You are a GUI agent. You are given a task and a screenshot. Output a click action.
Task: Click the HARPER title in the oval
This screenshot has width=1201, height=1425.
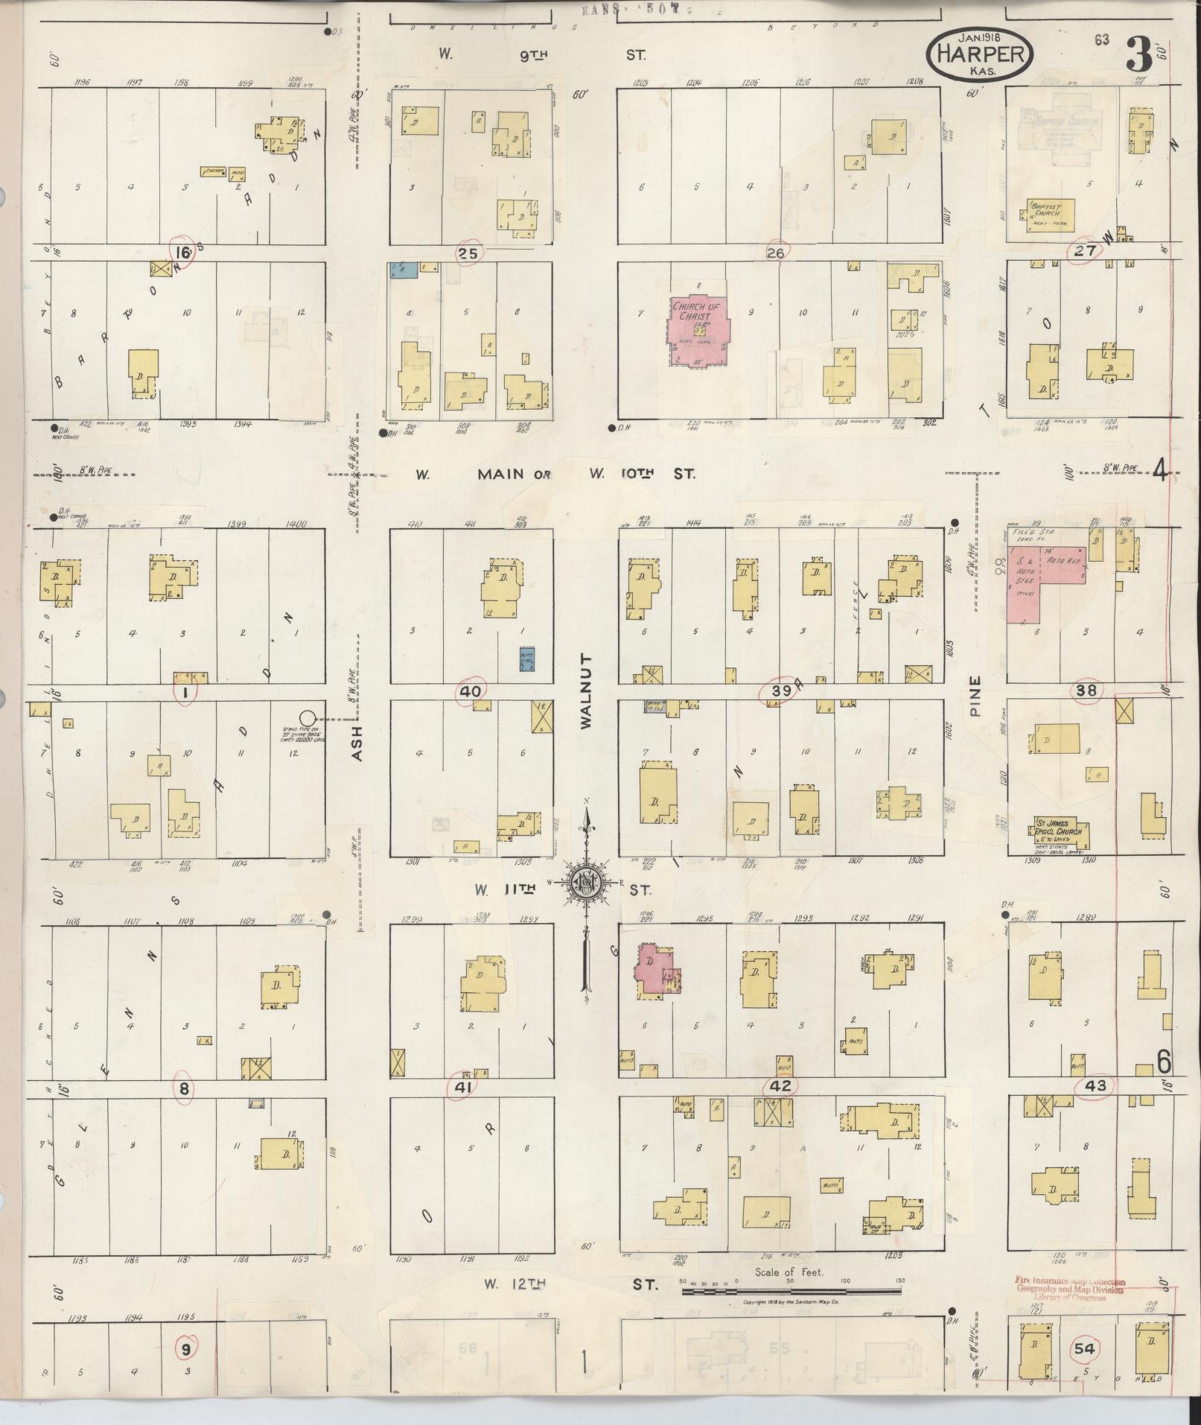979,54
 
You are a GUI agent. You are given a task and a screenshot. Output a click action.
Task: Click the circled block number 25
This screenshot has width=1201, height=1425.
468,253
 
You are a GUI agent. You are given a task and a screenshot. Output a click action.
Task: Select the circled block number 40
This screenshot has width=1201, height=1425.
470,691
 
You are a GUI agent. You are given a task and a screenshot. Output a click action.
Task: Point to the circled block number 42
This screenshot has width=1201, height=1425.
780,1085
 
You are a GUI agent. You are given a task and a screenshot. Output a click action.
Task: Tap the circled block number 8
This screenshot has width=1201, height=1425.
183,1088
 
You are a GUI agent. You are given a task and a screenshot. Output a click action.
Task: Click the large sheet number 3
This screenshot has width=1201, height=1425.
1138,54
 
